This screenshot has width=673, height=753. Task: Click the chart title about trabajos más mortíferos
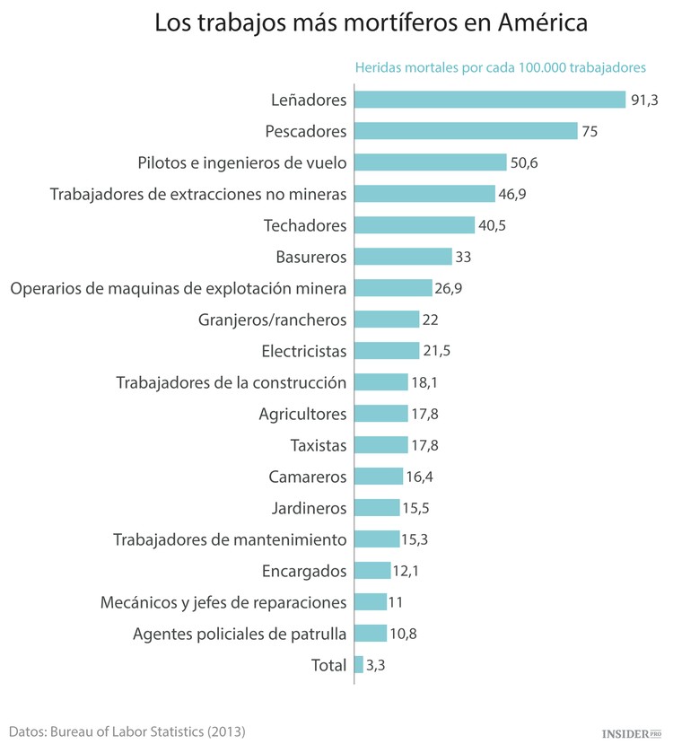(x=371, y=23)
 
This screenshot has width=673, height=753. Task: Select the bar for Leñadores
(x=489, y=100)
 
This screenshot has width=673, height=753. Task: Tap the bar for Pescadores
(x=466, y=131)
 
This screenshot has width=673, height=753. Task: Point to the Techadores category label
(x=305, y=225)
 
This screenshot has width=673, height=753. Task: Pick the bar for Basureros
(x=403, y=257)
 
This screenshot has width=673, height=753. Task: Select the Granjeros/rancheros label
(x=272, y=320)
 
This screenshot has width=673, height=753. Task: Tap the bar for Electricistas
(x=387, y=351)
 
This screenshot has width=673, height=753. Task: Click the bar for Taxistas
(x=380, y=445)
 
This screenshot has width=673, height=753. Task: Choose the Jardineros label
(x=309, y=508)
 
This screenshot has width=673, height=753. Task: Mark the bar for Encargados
(x=372, y=571)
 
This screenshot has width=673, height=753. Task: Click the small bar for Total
(x=359, y=665)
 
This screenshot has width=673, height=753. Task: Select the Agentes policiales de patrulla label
(x=240, y=634)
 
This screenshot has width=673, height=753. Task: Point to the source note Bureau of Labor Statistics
(x=127, y=731)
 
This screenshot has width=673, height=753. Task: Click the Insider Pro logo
(x=630, y=733)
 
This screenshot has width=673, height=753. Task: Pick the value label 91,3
(x=644, y=100)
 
